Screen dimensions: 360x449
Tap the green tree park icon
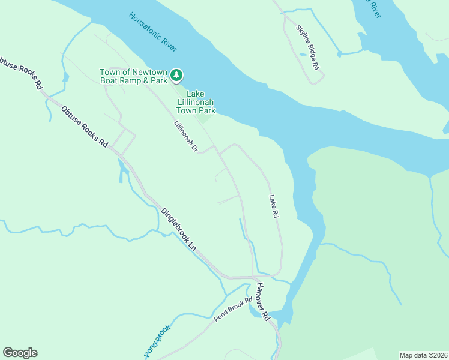[x=176, y=75]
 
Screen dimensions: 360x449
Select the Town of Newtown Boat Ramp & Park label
[x=133, y=76]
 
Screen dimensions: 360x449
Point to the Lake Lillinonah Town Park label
[x=196, y=102]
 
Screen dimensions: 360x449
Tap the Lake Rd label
[x=274, y=206]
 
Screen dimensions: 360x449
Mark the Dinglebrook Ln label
[x=179, y=229]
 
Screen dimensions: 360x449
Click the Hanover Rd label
[x=264, y=301]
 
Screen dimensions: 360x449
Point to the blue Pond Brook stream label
[x=157, y=340]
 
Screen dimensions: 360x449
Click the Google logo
[x=20, y=353]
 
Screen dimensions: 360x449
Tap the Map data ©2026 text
[x=423, y=355]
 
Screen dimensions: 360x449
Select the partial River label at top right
[x=373, y=9]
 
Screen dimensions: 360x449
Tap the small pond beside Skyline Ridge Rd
[x=302, y=55]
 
